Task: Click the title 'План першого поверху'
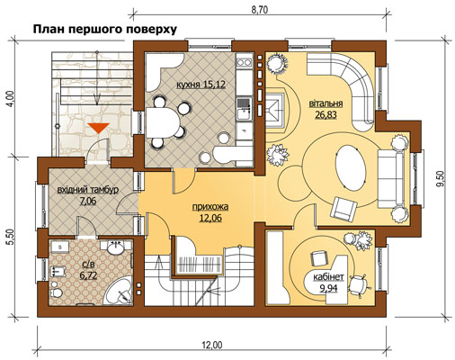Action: point(104,30)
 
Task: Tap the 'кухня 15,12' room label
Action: point(201,85)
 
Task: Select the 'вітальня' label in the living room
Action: point(326,103)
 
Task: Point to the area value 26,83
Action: point(326,114)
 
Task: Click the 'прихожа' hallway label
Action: point(210,207)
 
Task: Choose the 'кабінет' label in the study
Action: point(328,277)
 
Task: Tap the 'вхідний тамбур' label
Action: point(88,190)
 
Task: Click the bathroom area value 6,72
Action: point(88,275)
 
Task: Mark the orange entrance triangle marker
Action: point(98,128)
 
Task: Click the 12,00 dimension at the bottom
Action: point(212,346)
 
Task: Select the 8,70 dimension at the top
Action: point(259,10)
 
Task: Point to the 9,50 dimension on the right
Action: point(441,179)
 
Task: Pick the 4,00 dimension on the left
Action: point(11,98)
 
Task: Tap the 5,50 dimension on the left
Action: point(11,238)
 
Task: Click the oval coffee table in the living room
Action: point(351,166)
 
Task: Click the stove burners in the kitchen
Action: point(244,63)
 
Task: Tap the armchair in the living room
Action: point(343,208)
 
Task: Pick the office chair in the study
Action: point(359,284)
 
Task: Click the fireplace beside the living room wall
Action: point(275,110)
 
